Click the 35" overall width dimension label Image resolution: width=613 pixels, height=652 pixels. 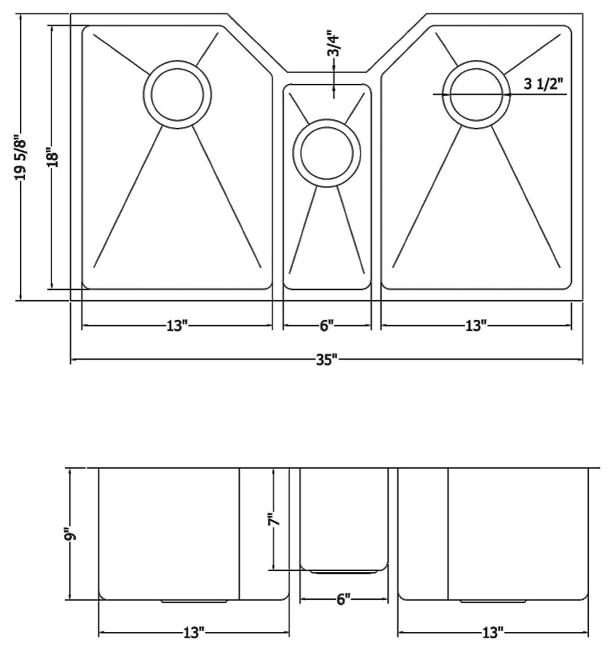click(327, 359)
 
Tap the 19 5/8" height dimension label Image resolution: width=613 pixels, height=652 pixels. click(20, 157)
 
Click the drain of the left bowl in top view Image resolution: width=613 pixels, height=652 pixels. click(177, 94)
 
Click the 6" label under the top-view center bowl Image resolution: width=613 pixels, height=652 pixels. click(327, 325)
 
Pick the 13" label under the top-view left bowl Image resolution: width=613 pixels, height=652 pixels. click(177, 325)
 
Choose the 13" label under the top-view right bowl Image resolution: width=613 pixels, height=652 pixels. click(476, 325)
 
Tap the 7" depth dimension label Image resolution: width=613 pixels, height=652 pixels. click(274, 519)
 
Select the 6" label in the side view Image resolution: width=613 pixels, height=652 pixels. click(342, 599)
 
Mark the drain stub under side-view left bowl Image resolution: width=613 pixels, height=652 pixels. click(193, 601)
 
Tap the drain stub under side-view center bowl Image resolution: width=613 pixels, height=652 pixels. click(344, 572)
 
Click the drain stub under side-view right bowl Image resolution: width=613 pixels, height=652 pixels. click(493, 601)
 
